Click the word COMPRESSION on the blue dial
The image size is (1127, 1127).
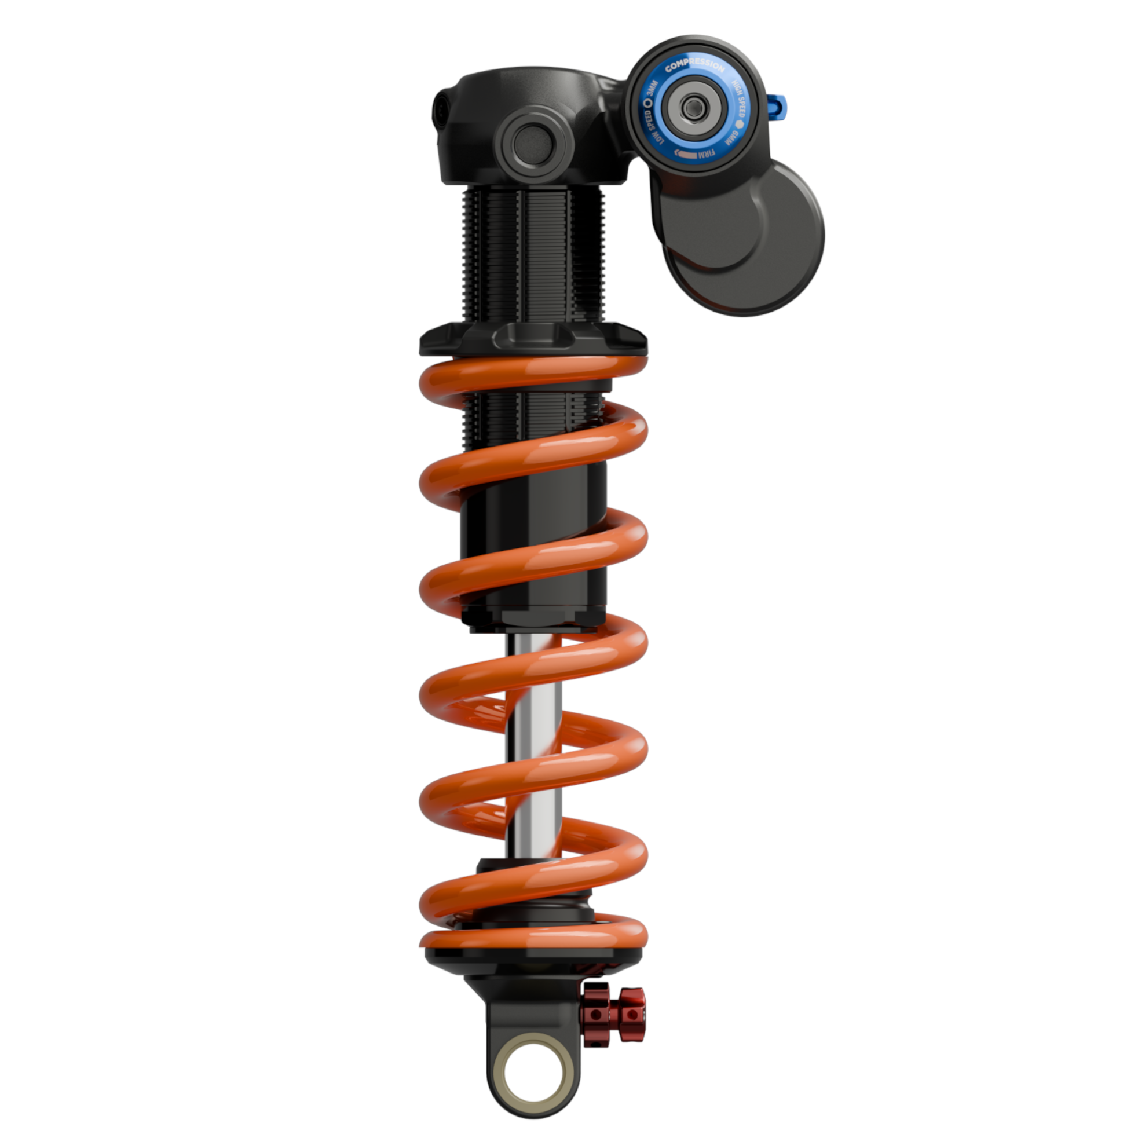coord(695,66)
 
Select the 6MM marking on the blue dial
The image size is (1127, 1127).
coord(731,138)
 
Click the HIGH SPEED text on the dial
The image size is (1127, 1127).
coord(737,99)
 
